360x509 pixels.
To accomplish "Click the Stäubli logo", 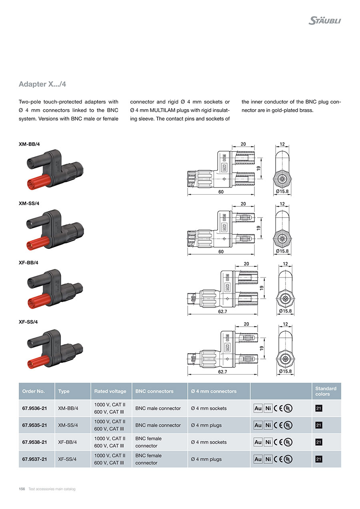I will [x=324, y=20].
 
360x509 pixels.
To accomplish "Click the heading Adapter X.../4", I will [x=45, y=84].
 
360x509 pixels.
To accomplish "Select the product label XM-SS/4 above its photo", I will [x=29, y=203].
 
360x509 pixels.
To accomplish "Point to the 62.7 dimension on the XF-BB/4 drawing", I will [x=223, y=311].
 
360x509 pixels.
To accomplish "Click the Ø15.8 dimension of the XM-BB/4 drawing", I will [x=282, y=192].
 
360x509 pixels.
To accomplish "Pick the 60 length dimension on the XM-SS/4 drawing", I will [x=221, y=252].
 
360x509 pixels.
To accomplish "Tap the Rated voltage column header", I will [x=110, y=391].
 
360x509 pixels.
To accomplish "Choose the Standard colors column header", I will [x=326, y=391].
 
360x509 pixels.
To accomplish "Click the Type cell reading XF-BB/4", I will [x=67, y=442].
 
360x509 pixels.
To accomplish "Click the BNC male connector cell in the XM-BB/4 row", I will [x=158, y=408].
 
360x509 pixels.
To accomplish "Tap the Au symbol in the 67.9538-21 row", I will [x=258, y=442].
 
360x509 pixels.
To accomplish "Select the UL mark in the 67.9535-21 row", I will [x=288, y=425].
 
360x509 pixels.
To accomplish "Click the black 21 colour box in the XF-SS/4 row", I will [x=318, y=459].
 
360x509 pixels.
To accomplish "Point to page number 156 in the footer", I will [x=22, y=489].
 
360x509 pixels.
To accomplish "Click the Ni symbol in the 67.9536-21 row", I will [x=268, y=408].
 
